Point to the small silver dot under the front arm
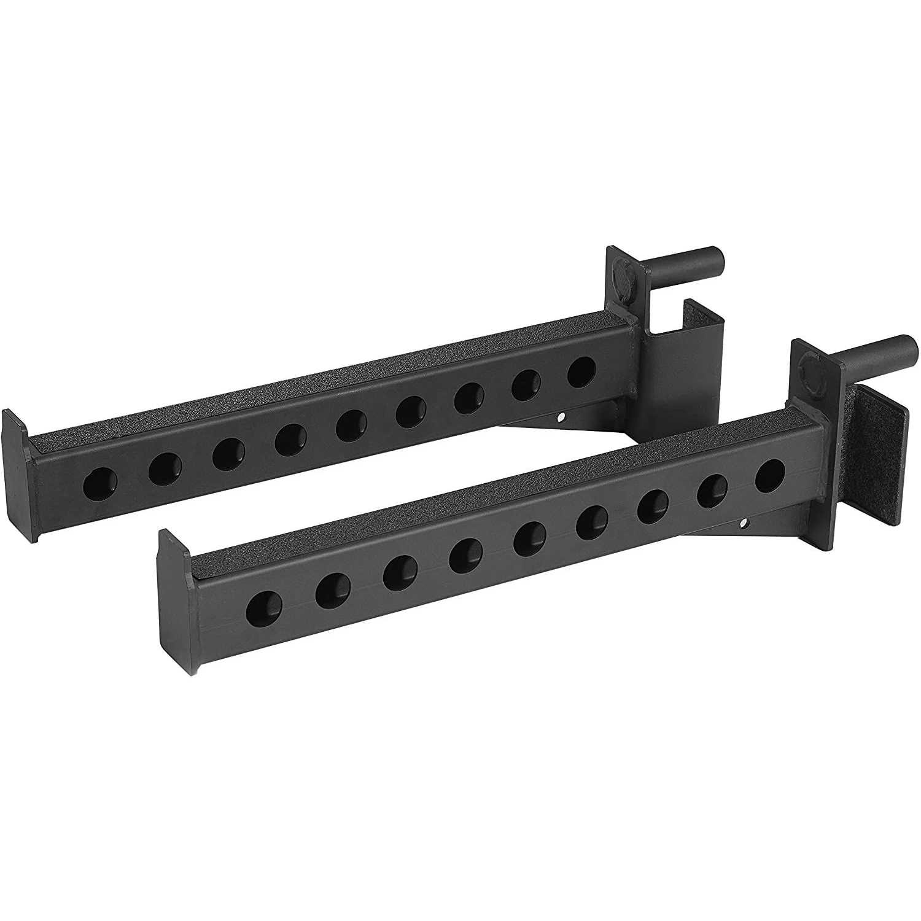744,523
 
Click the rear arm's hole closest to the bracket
581,373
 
